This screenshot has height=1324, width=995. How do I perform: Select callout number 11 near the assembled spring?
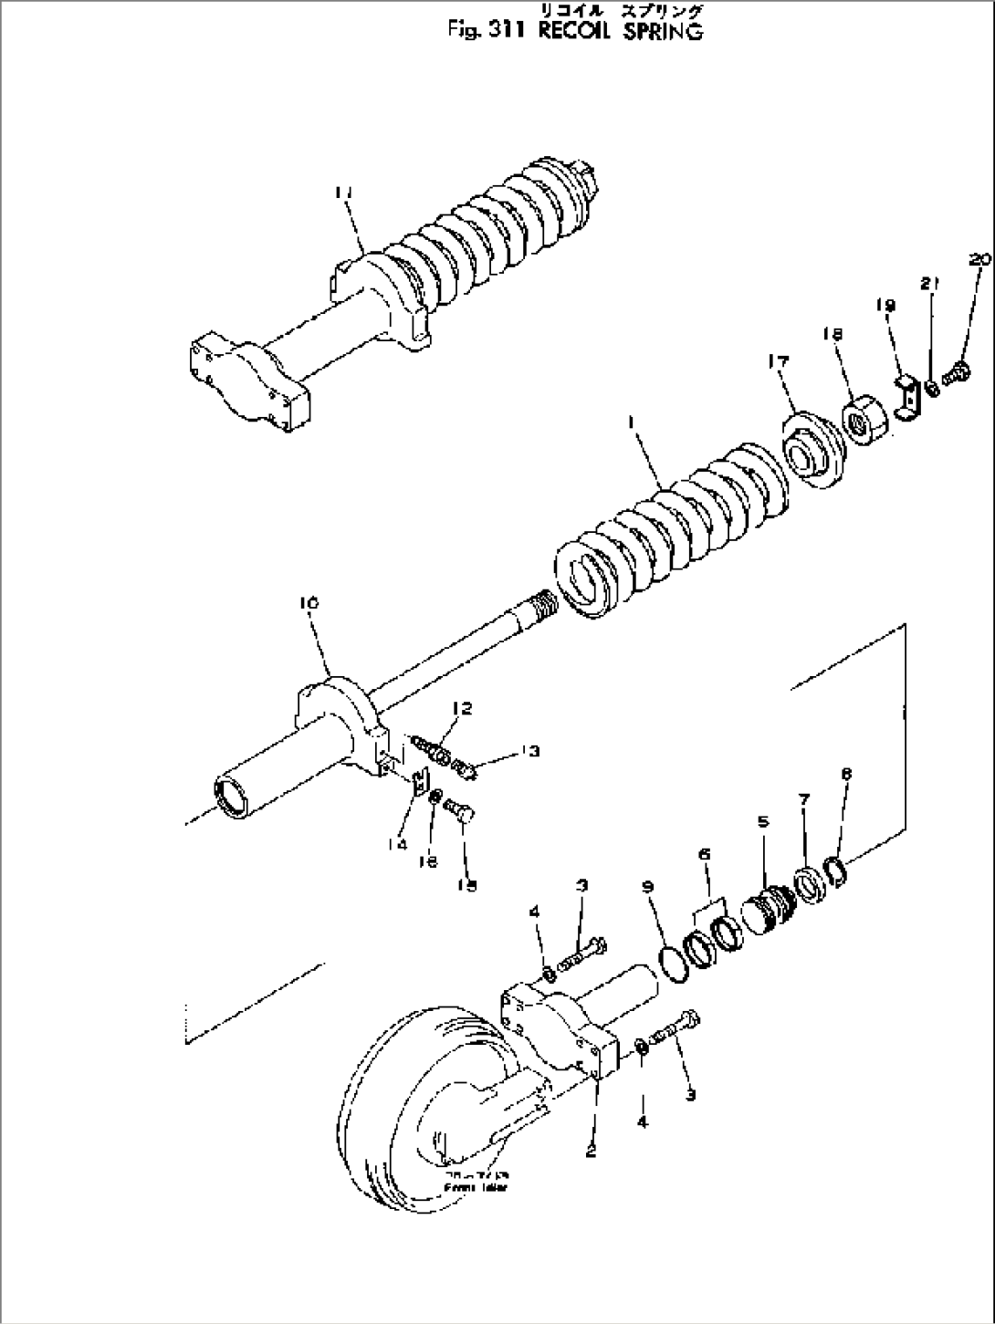point(343,193)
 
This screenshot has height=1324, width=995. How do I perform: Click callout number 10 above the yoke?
point(309,603)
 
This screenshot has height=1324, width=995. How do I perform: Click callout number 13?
point(530,751)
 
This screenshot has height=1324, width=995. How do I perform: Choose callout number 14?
point(396,845)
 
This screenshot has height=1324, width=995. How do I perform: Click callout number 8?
point(846,772)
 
